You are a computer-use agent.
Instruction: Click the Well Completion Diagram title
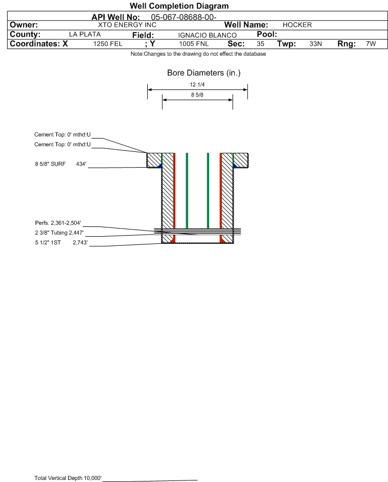pyautogui.click(x=179, y=6)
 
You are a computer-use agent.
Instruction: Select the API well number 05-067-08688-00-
pyautogui.click(x=184, y=17)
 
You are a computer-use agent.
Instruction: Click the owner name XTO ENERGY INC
pyautogui.click(x=127, y=25)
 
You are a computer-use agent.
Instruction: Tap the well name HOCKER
pyautogui.click(x=297, y=25)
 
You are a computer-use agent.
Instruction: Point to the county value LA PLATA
pyautogui.click(x=85, y=34)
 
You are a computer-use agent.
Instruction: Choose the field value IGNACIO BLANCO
pyautogui.click(x=207, y=35)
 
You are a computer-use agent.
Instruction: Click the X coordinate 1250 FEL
pyautogui.click(x=107, y=44)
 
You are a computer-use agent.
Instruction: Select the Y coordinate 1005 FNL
pyautogui.click(x=194, y=44)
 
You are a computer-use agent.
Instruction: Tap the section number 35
pyautogui.click(x=260, y=44)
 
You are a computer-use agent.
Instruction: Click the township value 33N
pyautogui.click(x=315, y=44)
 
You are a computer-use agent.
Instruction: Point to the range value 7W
pyautogui.click(x=371, y=44)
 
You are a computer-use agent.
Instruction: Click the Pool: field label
pyautogui.click(x=266, y=34)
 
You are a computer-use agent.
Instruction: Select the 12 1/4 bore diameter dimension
pyautogui.click(x=197, y=84)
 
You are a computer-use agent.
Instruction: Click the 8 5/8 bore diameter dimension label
pyautogui.click(x=197, y=95)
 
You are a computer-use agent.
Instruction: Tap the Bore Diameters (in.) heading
pyautogui.click(x=203, y=73)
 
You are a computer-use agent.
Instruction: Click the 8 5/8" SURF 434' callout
pyautogui.click(x=60, y=164)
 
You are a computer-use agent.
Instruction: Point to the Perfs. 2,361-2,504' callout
pyautogui.click(x=58, y=223)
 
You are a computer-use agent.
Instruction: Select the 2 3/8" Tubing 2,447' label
pyautogui.click(x=59, y=233)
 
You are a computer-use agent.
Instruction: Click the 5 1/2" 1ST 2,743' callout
pyautogui.click(x=61, y=243)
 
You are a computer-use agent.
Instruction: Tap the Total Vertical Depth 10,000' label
pyautogui.click(x=68, y=478)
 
